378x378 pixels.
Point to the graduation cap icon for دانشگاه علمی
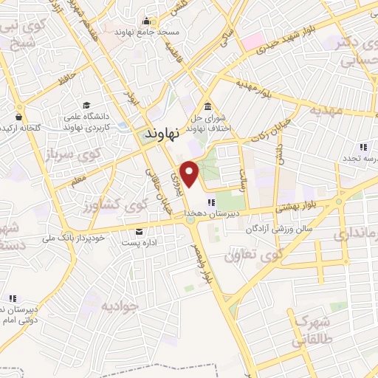(86, 105)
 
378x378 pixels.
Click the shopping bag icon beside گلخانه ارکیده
(18, 116)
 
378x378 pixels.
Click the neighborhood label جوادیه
(120, 305)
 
